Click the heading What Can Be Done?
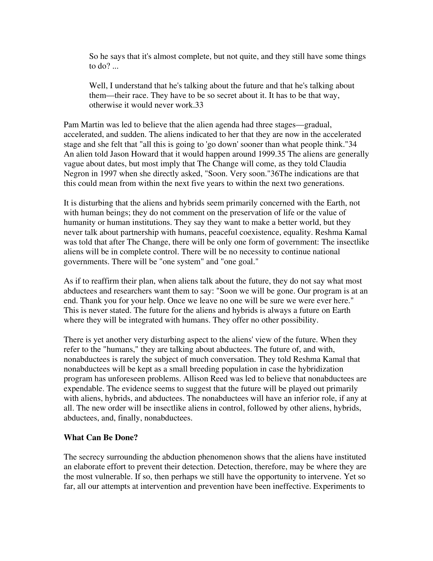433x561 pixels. (101, 437)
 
